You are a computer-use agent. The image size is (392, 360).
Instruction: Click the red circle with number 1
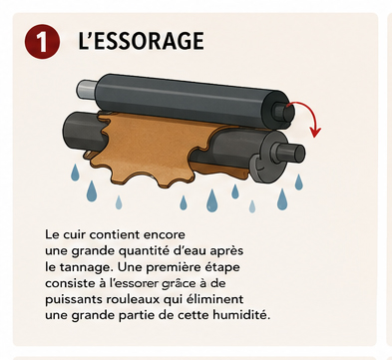[x=42, y=41]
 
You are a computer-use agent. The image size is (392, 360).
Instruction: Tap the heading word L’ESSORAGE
[x=141, y=41]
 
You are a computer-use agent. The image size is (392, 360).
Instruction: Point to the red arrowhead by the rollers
[x=315, y=132]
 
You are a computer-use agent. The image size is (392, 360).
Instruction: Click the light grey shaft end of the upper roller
[x=87, y=89]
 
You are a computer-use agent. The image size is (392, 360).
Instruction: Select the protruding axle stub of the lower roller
[x=289, y=154]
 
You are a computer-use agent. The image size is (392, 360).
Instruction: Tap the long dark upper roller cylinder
[x=192, y=99]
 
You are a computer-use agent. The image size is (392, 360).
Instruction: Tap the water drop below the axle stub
[x=299, y=181]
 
